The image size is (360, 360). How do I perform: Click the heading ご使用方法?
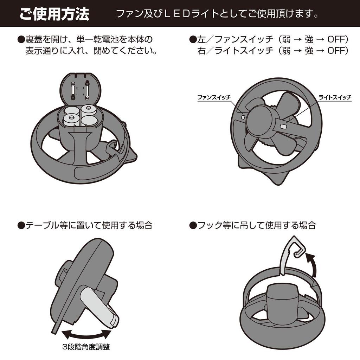(x=54, y=14)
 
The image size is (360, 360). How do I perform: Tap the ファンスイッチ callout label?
(x=214, y=97)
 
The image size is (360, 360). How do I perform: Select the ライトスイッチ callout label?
(x=335, y=97)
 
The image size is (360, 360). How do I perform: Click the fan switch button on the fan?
(x=243, y=117)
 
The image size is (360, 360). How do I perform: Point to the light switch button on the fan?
(x=284, y=126)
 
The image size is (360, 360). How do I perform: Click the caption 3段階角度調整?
(x=86, y=347)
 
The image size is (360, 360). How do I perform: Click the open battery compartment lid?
(x=81, y=89)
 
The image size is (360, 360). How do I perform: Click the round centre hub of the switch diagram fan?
(x=261, y=120)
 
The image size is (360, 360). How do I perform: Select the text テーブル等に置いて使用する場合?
(x=89, y=225)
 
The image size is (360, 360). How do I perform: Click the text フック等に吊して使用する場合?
(x=256, y=225)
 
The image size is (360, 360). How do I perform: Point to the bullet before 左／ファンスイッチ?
(x=193, y=39)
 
